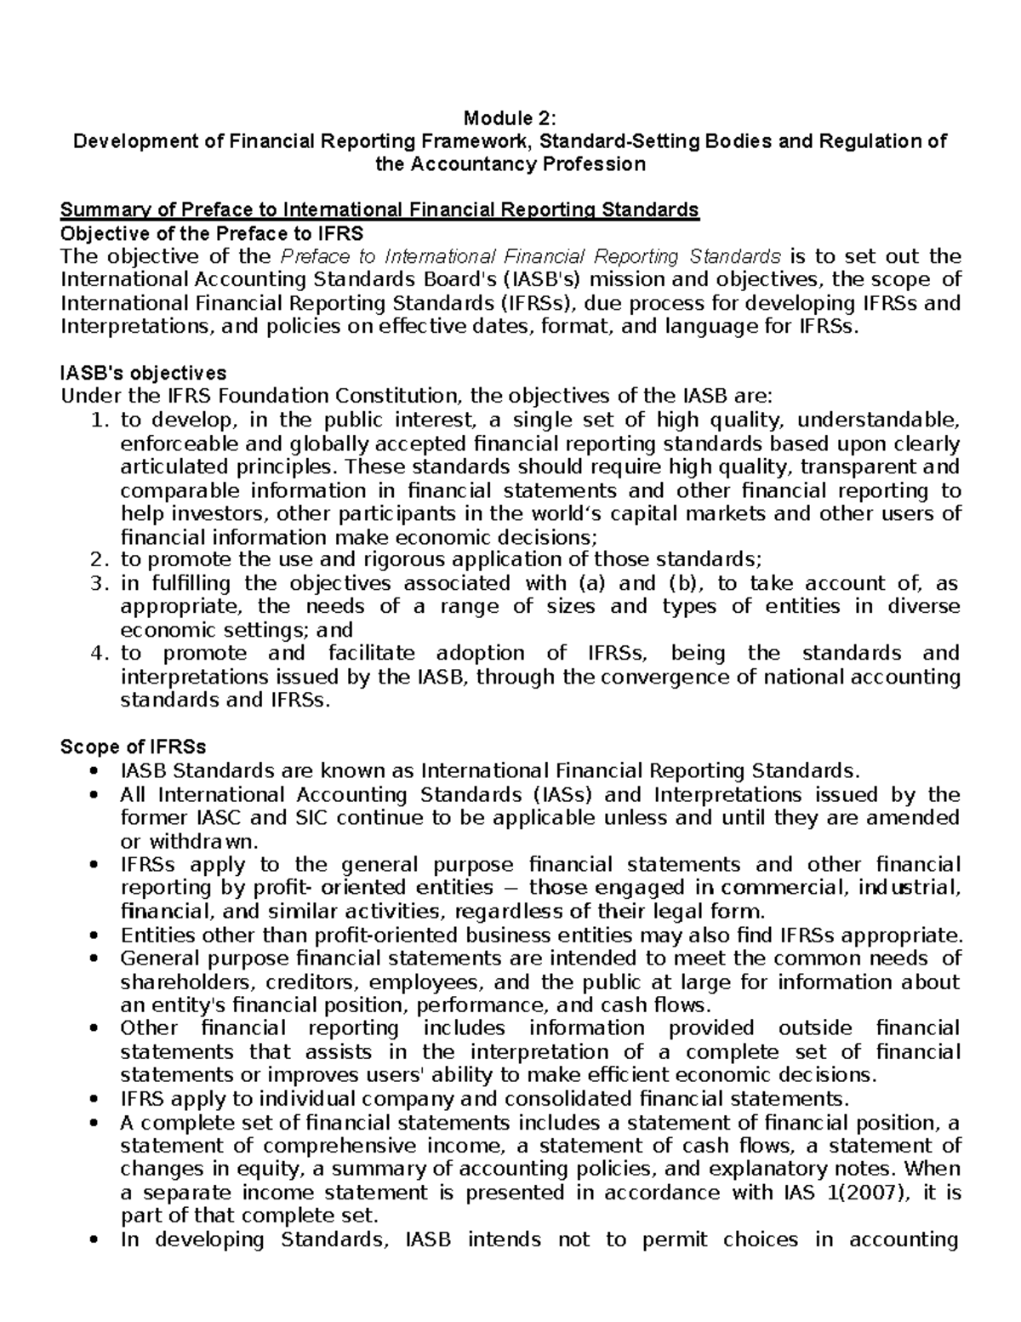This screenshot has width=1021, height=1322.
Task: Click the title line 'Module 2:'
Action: (510, 117)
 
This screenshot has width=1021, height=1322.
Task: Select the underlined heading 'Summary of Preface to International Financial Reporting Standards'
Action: (379, 209)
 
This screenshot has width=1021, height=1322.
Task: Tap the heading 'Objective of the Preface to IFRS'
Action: (211, 233)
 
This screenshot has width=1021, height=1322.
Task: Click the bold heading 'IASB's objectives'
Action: (143, 373)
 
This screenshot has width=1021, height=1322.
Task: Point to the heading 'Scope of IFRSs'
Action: (133, 747)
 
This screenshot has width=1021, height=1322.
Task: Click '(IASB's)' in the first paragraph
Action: (545, 280)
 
